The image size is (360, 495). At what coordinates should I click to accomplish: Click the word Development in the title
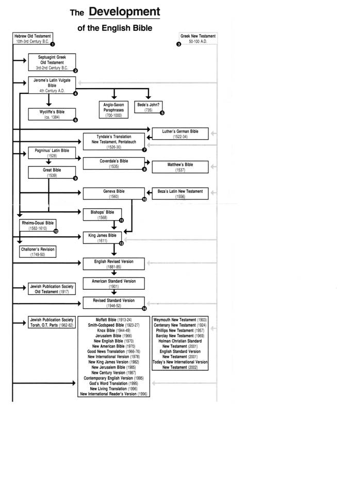124,12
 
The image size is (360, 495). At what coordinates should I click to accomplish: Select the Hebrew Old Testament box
32,39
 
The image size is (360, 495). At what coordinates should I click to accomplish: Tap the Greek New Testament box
198,39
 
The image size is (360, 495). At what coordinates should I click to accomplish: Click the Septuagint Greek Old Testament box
52,62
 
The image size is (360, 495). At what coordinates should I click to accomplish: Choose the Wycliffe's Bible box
52,114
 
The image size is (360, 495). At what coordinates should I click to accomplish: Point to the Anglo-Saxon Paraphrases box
113,110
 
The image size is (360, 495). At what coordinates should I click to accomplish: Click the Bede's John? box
149,107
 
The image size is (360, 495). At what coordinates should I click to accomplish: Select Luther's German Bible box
181,134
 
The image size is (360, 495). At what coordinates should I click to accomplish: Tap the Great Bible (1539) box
52,172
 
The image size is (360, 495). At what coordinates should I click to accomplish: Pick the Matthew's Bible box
181,167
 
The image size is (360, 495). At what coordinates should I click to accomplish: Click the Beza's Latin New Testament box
181,193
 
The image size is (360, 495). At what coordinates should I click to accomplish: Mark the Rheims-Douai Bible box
38,225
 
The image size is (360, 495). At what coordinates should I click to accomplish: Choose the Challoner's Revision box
38,252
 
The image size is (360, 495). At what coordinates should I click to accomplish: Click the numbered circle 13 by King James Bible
121,243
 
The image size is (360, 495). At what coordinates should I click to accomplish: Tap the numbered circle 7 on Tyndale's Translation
144,150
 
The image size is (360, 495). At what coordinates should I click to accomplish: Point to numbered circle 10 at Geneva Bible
144,199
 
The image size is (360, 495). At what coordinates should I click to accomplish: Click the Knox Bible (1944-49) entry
113,330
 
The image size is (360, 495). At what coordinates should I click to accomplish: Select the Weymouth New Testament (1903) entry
180,320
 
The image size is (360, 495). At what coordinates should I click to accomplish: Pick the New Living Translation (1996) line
113,389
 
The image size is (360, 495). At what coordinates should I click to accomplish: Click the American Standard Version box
113,284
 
